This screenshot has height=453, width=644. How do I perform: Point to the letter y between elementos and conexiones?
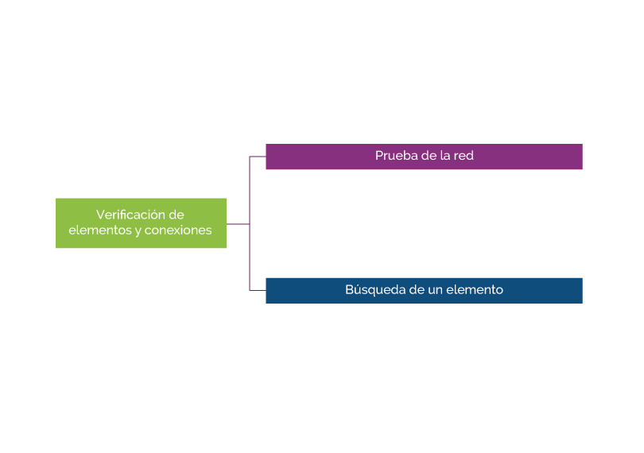click(x=136, y=231)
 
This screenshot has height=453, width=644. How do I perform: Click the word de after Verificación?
click(x=177, y=215)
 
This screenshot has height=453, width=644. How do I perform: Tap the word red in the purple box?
click(x=463, y=156)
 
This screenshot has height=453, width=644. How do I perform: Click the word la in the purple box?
click(x=444, y=156)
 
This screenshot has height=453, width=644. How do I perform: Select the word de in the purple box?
click(x=427, y=156)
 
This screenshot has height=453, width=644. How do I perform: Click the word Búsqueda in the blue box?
click(x=372, y=290)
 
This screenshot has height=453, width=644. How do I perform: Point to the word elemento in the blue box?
click(x=474, y=290)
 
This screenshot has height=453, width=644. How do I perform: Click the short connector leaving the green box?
click(x=238, y=224)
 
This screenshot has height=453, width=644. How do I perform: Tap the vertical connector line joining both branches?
click(x=250, y=191)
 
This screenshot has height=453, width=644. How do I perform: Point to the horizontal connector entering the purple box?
click(x=258, y=157)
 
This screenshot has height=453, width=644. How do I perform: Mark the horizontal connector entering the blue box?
click(x=258, y=290)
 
